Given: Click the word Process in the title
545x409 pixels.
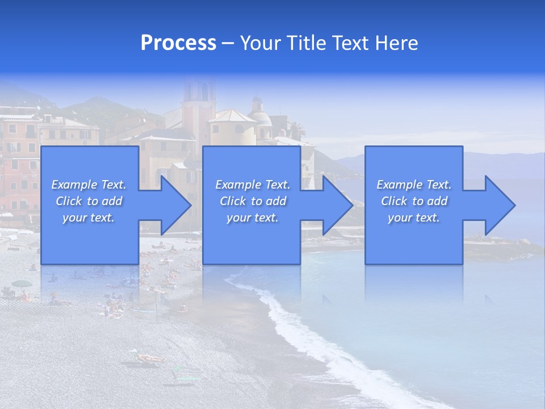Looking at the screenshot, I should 178,43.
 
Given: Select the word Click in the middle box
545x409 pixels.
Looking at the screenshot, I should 233,201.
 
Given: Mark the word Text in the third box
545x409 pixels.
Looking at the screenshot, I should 438,185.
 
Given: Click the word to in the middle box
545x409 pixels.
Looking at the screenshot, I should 257,201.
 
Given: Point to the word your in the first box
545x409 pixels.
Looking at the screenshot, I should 74,218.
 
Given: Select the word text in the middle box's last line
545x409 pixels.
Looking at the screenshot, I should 266,218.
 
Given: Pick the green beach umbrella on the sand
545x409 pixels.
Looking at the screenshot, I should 22,283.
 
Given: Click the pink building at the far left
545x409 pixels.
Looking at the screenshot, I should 19,165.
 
